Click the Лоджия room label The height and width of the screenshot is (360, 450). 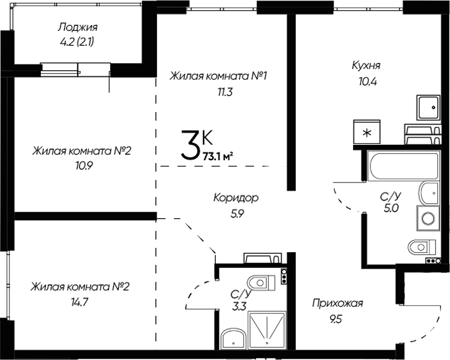[78, 27]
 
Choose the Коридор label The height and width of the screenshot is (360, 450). [236, 198]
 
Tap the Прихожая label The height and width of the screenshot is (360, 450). [337, 303]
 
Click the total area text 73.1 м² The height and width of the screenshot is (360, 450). [219, 157]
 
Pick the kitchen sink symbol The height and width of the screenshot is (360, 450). [428, 108]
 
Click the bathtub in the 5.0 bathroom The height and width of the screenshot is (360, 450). [404, 166]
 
